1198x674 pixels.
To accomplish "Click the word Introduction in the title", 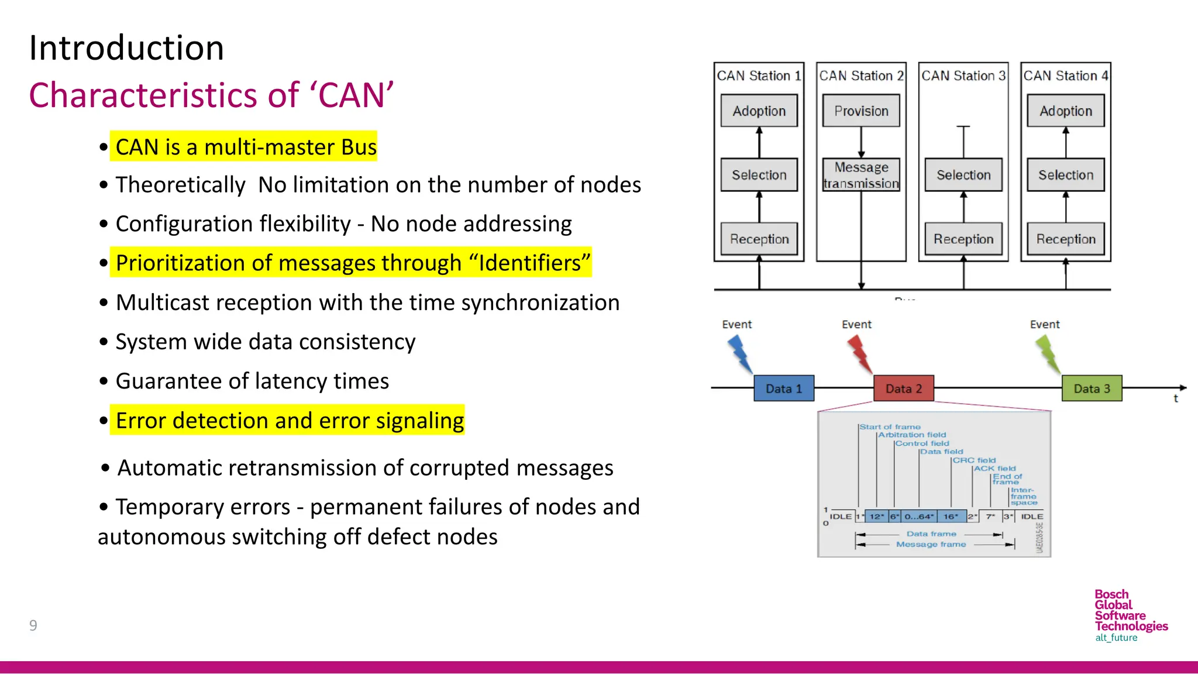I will point(126,48).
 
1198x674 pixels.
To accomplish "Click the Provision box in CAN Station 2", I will point(861,111).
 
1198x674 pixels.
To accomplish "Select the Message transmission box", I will point(861,175).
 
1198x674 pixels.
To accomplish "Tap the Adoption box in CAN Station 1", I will point(759,111).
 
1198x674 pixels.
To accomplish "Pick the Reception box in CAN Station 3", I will point(963,239).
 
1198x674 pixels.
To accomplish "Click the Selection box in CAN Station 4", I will point(1065,175).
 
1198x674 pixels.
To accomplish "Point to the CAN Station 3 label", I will point(963,76).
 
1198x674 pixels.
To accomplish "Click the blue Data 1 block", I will point(784,388).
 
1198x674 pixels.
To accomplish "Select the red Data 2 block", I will point(903,388).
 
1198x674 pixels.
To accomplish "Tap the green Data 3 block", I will point(1092,388).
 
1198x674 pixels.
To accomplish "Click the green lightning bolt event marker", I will point(1048,354).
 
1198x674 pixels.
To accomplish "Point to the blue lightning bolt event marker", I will point(740,354).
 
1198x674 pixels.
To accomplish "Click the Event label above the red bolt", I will point(856,324).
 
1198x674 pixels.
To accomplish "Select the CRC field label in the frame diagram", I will point(974,460).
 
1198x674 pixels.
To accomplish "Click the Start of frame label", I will point(890,427).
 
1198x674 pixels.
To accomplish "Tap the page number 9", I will point(33,625).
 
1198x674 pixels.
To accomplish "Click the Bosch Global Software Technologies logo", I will point(1130,615).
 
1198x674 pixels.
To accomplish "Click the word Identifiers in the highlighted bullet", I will point(530,263).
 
